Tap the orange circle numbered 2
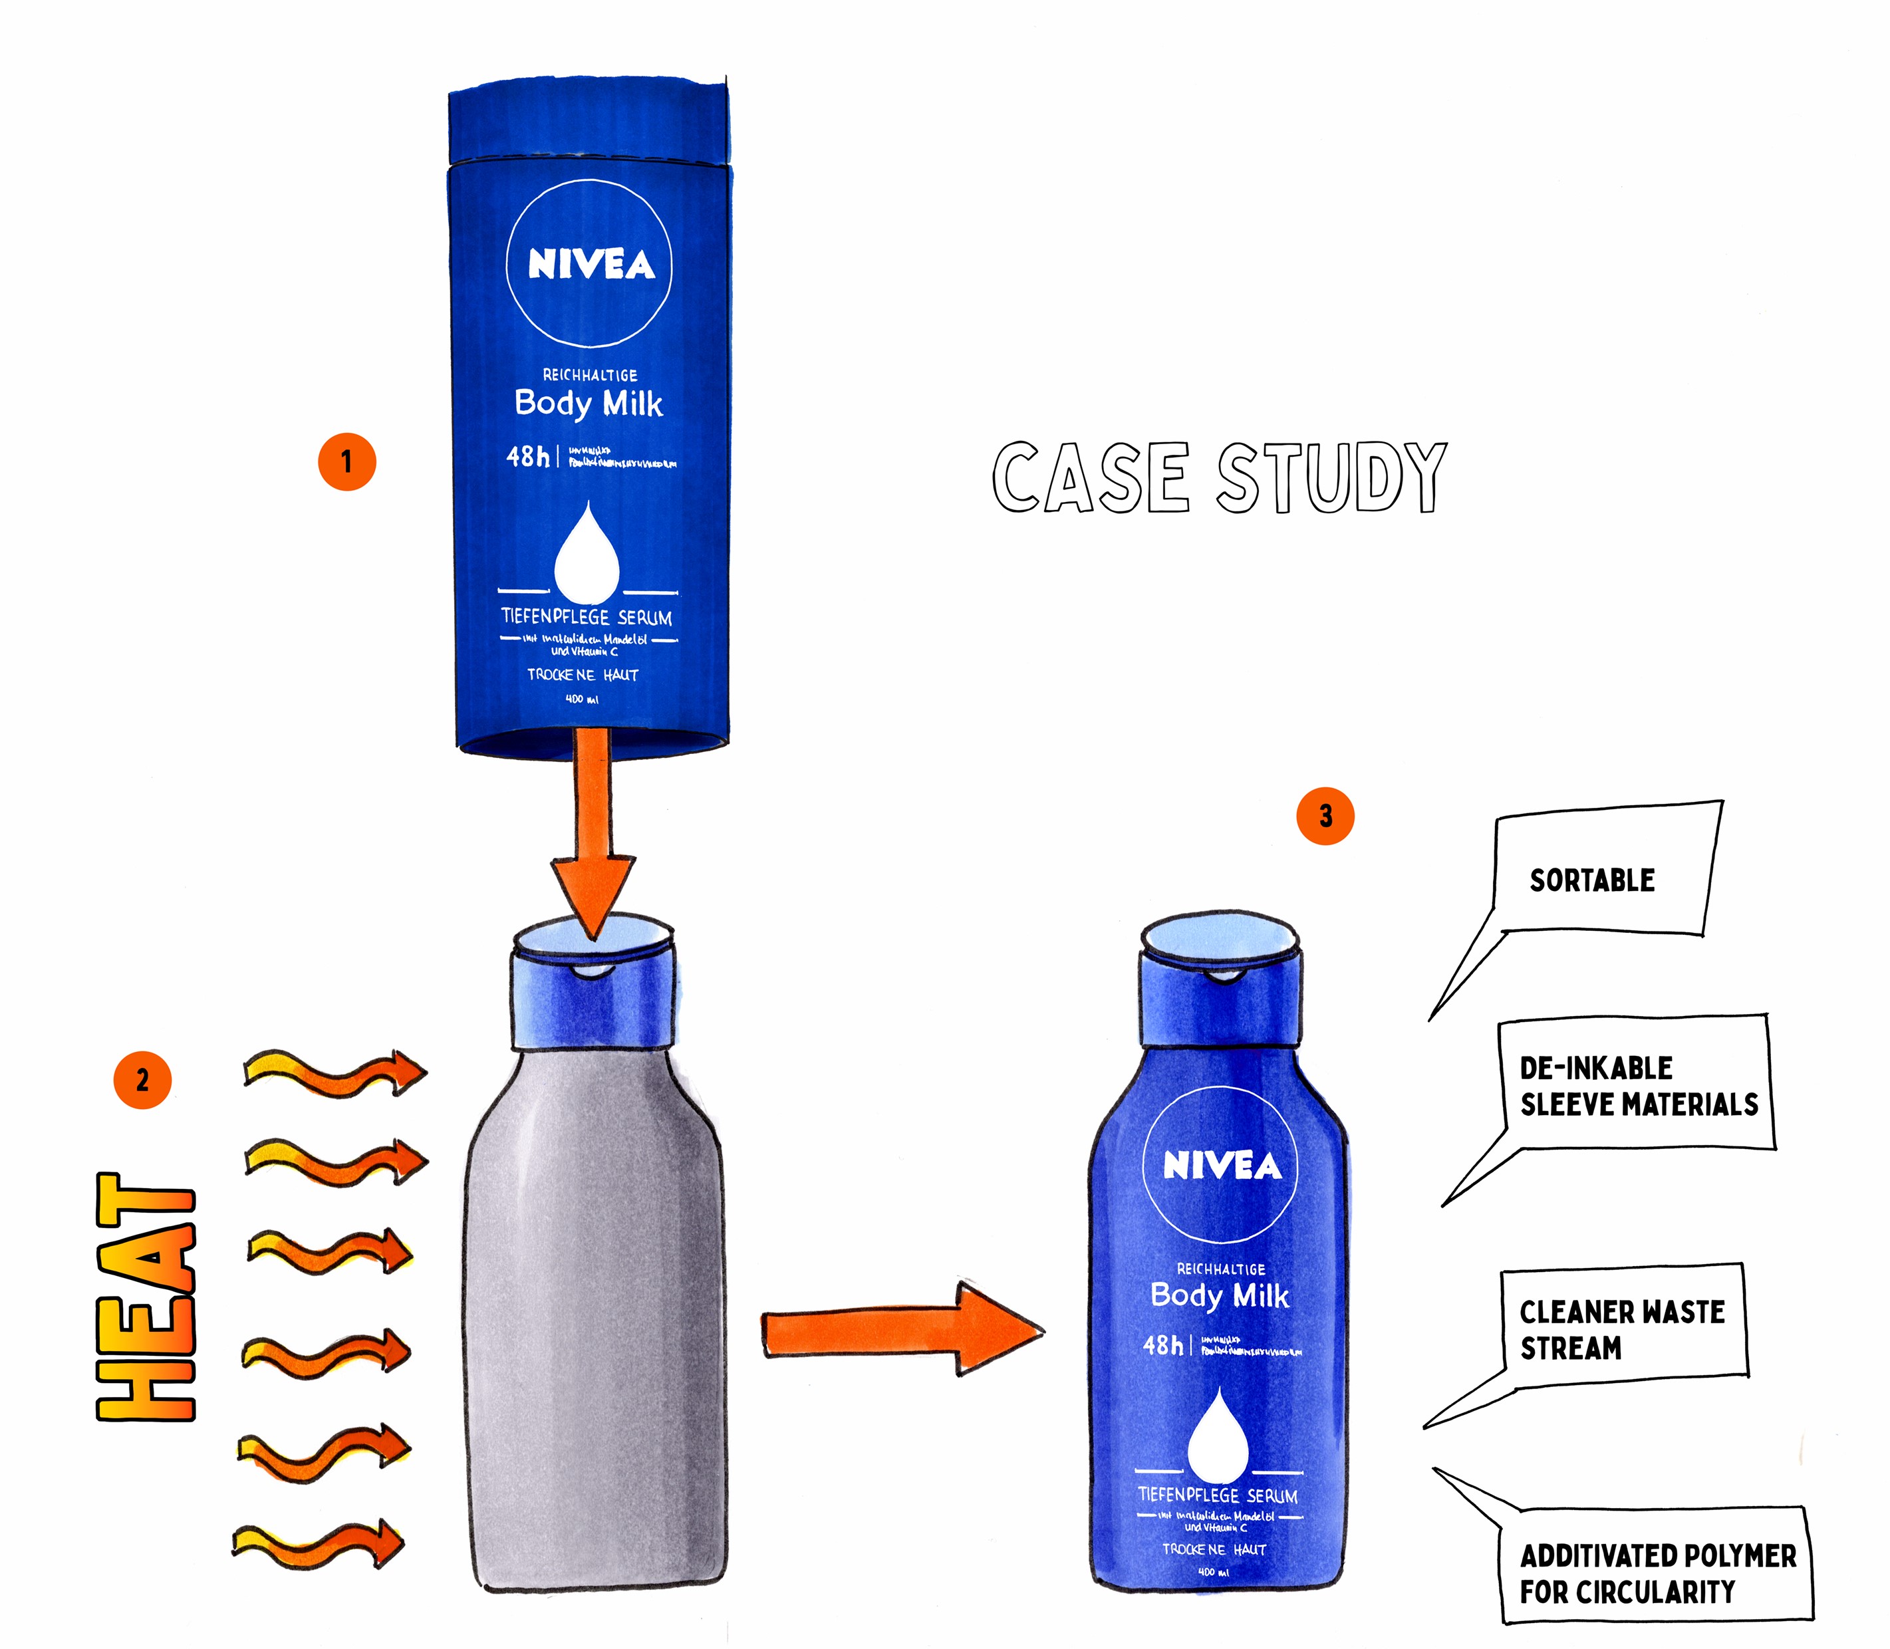[x=142, y=1079]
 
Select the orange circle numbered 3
[x=1324, y=815]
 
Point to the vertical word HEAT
[x=146, y=1297]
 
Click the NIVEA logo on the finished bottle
[x=1220, y=1166]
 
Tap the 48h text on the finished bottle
[x=1163, y=1344]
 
